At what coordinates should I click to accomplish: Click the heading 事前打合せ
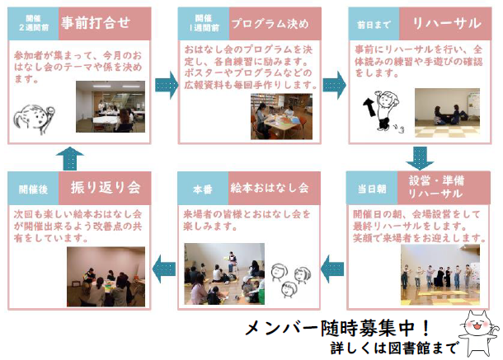[96, 23]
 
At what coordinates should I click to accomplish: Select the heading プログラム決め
[270, 24]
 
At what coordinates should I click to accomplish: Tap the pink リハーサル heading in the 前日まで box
[447, 23]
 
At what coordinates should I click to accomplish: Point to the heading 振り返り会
[106, 188]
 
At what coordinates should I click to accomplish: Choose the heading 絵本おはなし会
[270, 188]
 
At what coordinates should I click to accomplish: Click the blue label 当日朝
[372, 189]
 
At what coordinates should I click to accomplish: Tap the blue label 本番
[203, 189]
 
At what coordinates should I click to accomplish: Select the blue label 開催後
[33, 189]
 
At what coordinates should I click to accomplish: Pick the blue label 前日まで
[374, 25]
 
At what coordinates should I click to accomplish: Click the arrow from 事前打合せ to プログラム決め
[167, 85]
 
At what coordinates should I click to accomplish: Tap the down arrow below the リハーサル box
[420, 158]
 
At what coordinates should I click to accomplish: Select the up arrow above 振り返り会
[70, 158]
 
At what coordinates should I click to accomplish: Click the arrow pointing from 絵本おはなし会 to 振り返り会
[164, 269]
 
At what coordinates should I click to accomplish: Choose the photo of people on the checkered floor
[447, 113]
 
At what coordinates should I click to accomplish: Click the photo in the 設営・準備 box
[440, 274]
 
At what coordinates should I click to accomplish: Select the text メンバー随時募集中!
[337, 328]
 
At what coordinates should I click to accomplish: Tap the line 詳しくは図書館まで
[394, 348]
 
